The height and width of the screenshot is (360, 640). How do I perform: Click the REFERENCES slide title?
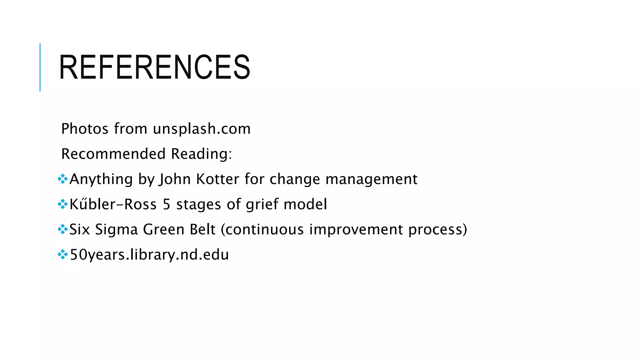154,67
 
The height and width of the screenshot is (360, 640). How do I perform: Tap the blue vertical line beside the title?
40,67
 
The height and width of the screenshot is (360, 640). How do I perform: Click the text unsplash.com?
202,129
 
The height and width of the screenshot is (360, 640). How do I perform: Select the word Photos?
85,129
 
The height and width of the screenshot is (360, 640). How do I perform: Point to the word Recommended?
113,154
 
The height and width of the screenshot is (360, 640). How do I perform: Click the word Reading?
202,154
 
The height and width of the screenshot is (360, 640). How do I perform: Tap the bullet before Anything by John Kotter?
62,179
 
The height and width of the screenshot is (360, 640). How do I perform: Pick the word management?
371,179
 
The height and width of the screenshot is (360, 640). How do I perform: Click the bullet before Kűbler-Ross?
62,204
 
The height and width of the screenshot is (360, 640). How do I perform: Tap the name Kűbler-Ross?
113,204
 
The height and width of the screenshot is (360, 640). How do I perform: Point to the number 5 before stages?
167,204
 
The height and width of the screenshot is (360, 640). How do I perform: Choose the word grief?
262,204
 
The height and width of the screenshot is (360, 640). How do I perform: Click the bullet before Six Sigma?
62,230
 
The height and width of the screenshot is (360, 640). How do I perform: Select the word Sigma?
116,230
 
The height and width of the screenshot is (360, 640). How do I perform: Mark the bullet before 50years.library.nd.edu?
62,255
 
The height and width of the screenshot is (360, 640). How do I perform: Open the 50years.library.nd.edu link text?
149,255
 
